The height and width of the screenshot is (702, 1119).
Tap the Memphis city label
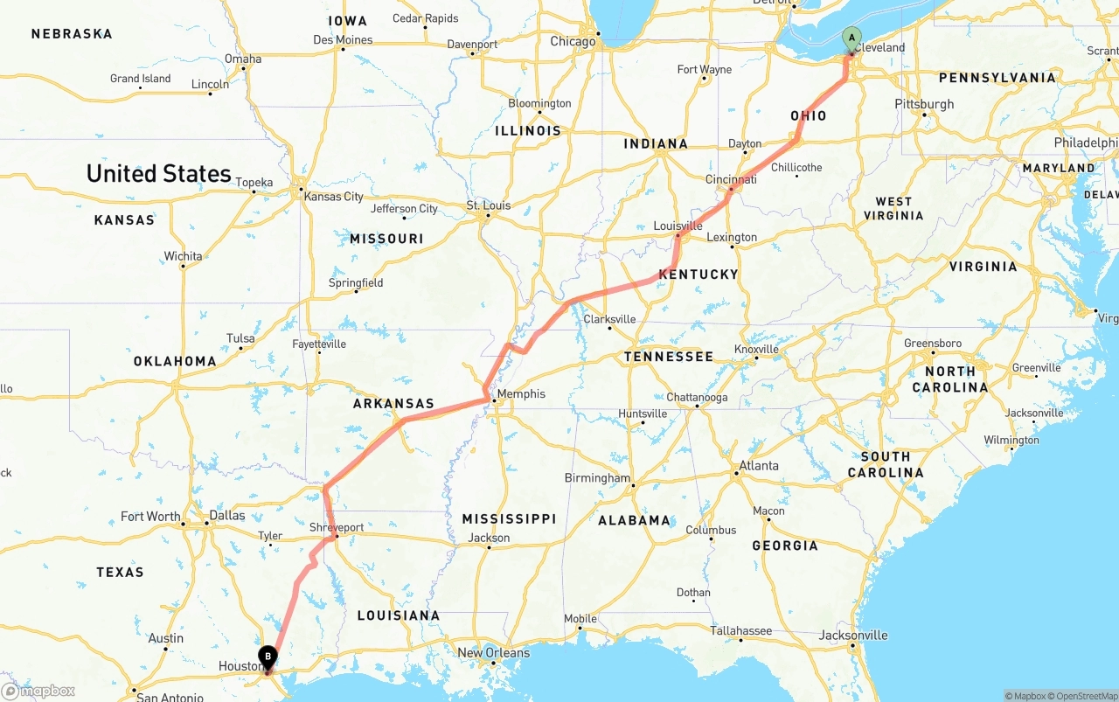click(x=521, y=394)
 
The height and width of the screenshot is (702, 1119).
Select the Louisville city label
click(x=678, y=226)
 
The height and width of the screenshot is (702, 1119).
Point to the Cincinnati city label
click(x=731, y=179)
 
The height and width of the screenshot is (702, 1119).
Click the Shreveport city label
click(x=337, y=527)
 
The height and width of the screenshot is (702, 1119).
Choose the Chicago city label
click(x=573, y=41)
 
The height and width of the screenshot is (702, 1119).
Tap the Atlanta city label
click(x=759, y=465)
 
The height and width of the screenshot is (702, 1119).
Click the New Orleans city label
click(x=493, y=652)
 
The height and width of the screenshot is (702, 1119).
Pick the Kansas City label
click(x=333, y=197)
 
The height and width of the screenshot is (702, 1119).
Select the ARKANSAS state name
click(x=393, y=404)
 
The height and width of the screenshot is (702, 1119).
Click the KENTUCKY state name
click(x=699, y=275)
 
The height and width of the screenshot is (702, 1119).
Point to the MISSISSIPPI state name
click(x=509, y=518)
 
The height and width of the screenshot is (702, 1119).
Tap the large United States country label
click(x=158, y=173)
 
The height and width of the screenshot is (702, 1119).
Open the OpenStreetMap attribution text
click(x=1084, y=696)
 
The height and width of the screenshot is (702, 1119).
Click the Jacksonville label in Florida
click(x=853, y=636)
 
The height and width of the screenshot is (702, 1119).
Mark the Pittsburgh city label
click(x=924, y=104)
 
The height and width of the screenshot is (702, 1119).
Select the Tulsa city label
click(x=240, y=338)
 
